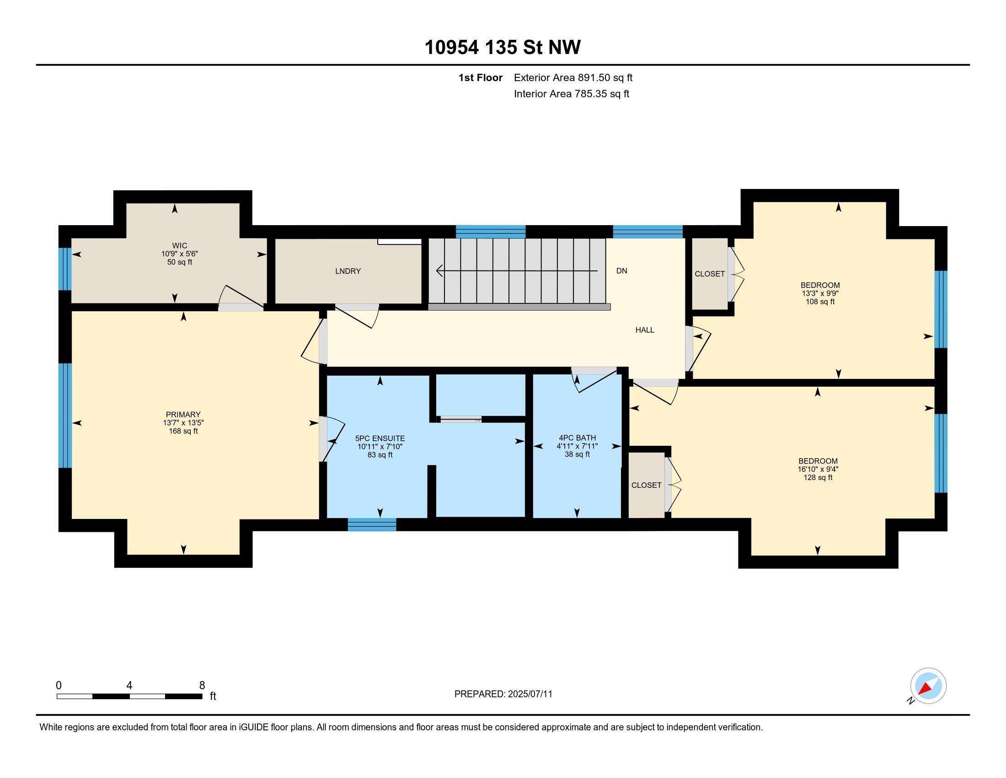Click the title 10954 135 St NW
click(x=502, y=47)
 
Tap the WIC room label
click(x=179, y=246)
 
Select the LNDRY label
click(x=348, y=271)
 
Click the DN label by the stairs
click(x=621, y=271)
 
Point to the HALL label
click(x=644, y=330)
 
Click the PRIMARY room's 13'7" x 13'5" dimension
click(x=183, y=423)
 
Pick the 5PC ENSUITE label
click(x=380, y=438)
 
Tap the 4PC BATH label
click(x=577, y=438)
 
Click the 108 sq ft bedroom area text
click(x=819, y=302)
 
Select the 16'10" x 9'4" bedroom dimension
click(x=818, y=469)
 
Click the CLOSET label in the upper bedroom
click(x=709, y=274)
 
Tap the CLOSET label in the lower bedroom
click(x=646, y=485)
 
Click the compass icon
click(x=928, y=686)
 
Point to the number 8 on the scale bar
click(x=202, y=686)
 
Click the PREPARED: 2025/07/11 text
click(x=503, y=694)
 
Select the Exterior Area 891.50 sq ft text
click(x=573, y=77)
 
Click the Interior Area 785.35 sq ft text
click(x=571, y=94)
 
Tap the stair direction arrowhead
click(x=439, y=270)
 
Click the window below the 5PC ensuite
click(x=372, y=524)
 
